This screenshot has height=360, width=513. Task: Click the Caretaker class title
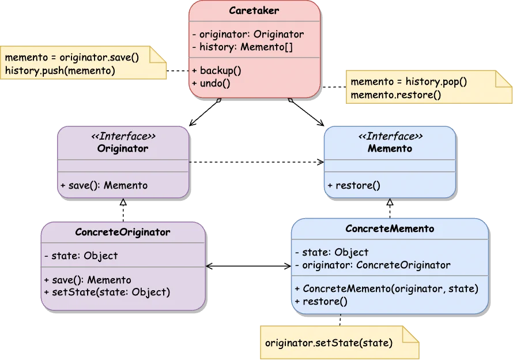254,10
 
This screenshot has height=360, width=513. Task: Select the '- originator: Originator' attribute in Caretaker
247,34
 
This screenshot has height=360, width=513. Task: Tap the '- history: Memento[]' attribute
242,47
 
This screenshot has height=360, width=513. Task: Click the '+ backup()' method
216,70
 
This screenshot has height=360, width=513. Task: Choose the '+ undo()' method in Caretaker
211,83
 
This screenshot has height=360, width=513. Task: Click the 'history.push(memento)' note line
60,70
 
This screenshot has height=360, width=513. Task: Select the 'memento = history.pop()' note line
409,82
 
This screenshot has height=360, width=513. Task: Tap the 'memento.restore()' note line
395,95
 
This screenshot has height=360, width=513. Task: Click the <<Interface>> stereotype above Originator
123,136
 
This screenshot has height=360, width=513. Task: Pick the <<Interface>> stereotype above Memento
390,136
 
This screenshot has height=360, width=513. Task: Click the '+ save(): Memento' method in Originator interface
104,185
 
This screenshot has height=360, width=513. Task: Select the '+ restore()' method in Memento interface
354,185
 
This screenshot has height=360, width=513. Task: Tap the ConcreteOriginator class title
123,232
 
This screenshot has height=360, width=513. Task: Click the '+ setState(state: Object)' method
107,292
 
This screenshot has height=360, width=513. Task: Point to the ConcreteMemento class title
390,228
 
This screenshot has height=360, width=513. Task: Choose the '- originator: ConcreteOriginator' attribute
372,265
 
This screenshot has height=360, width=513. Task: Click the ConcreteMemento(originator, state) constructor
387,288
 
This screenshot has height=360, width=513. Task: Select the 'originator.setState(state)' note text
329,343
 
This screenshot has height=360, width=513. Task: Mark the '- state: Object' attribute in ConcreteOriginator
81,256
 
